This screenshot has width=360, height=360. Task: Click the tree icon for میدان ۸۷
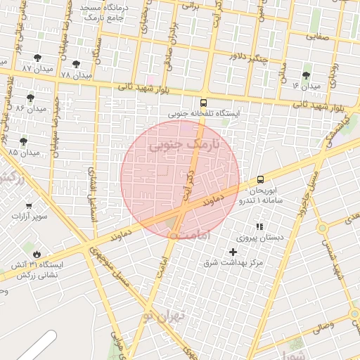tap(38, 58)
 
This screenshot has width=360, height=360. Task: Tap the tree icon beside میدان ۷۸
tap(76, 63)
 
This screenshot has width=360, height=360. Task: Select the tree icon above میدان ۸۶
tap(30, 98)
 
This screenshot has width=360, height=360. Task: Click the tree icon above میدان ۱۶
tap(306, 75)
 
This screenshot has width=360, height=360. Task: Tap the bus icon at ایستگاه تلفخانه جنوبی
tap(204, 102)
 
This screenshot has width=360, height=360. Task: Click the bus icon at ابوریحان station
tap(261, 179)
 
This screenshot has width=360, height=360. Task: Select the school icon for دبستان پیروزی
tap(259, 226)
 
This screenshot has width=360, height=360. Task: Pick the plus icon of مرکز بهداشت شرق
tap(233, 252)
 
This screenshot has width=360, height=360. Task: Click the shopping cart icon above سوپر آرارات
tap(29, 205)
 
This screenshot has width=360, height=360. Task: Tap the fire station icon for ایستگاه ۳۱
tap(36, 254)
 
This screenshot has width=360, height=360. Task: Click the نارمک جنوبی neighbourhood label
tap(185, 146)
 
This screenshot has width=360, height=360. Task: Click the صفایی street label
tap(317, 34)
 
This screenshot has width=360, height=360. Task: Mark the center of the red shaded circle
tap(180, 179)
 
